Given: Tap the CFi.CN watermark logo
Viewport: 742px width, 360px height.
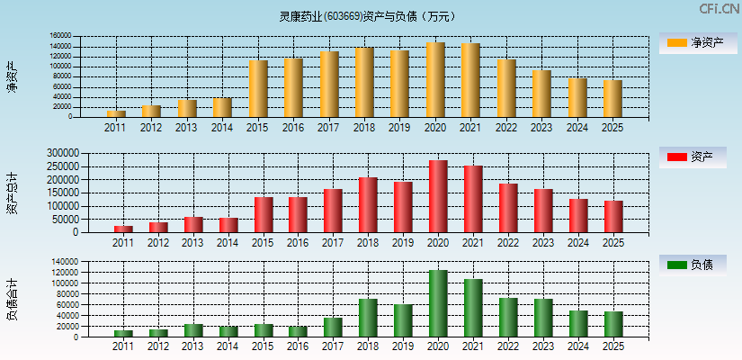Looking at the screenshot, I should click(720, 9).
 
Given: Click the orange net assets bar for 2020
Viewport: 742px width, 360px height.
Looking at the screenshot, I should click(435, 80).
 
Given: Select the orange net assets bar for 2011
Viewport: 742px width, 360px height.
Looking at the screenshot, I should click(116, 113).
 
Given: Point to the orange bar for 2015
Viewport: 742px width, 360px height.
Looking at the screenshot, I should click(259, 89).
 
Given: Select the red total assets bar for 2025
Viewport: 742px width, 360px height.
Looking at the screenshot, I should click(613, 216).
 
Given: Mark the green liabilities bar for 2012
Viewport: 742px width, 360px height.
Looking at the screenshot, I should click(158, 333).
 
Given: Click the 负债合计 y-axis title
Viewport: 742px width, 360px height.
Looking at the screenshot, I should click(13, 300).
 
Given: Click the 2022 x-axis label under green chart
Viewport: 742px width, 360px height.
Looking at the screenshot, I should click(507, 346).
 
